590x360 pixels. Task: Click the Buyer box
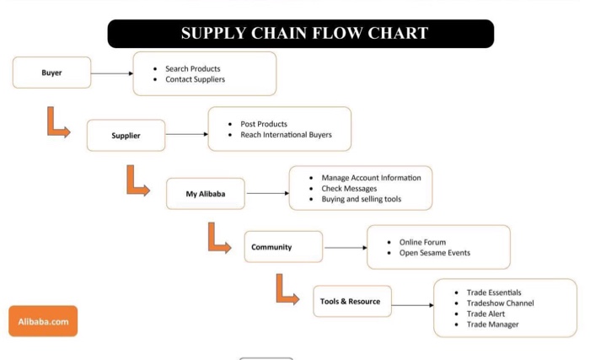point(51,73)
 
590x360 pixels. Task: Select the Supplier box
point(126,135)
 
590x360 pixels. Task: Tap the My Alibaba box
point(205,194)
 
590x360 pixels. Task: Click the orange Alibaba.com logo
point(43,321)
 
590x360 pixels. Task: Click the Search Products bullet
point(192,68)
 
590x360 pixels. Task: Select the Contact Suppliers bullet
point(195,79)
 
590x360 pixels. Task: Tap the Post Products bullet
point(263,124)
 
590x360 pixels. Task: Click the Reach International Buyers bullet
point(286,135)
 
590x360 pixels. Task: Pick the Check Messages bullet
point(349,189)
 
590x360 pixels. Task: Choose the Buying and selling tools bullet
point(361,200)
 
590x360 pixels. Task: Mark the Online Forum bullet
point(422,242)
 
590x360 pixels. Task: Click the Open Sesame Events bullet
point(434,253)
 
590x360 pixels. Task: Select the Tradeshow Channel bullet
point(500,304)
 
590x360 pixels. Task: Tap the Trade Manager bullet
point(492,325)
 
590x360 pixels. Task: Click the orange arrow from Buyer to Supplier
point(56,122)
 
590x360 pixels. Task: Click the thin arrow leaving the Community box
point(346,248)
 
